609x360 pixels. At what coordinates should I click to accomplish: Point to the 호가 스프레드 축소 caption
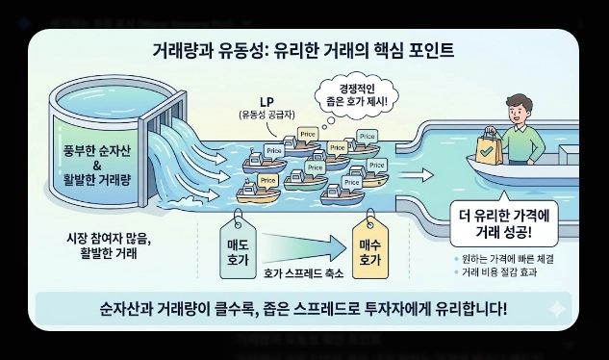pos(300,274)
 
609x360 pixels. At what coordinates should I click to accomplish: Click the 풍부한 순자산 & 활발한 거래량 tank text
pos(94,150)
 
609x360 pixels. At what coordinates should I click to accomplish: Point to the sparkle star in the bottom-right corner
pos(556,309)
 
